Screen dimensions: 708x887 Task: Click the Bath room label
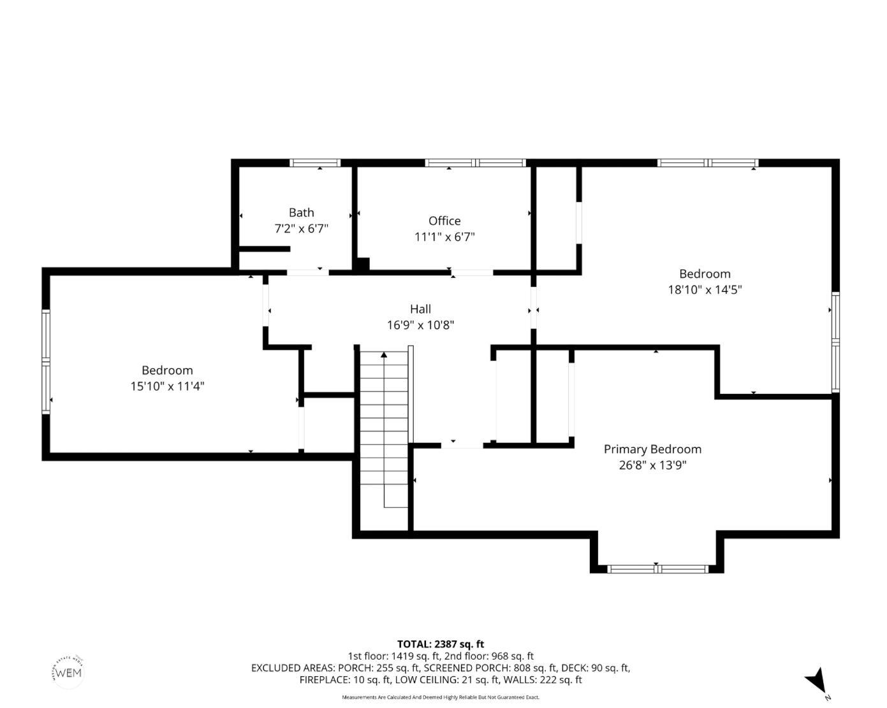(301, 213)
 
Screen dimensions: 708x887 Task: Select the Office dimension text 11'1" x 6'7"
(444, 237)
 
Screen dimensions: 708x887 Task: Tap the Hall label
(420, 309)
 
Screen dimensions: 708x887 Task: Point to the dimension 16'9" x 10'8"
(420, 325)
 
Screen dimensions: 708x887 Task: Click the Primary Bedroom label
(652, 449)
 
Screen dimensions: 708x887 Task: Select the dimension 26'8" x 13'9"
(652, 465)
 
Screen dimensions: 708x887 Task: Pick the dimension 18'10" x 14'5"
(705, 290)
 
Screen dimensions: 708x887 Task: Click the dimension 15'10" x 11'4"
(167, 386)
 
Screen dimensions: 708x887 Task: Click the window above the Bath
(315, 163)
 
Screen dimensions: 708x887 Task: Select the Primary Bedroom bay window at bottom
(657, 568)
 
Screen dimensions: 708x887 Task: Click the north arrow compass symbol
(816, 681)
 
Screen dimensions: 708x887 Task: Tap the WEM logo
(68, 672)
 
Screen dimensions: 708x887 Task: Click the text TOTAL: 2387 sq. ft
(441, 644)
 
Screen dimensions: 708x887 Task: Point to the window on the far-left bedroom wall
(46, 361)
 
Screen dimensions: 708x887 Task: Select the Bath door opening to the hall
(307, 273)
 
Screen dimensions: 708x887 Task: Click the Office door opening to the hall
(472, 273)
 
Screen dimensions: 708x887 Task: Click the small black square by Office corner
(362, 264)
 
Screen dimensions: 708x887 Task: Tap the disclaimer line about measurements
(441, 697)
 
